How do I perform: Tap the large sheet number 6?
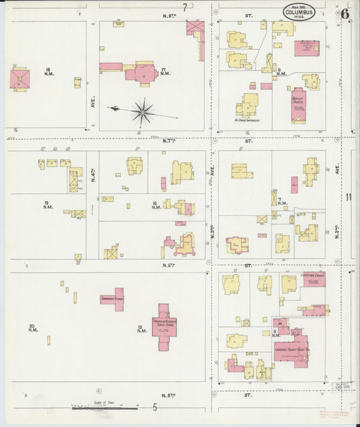coord(345,13)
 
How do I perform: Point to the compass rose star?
coord(143,111)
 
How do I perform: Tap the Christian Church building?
coord(313,278)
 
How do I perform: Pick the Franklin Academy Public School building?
coord(163,325)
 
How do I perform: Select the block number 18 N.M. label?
coord(48,72)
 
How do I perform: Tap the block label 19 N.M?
coord(46,205)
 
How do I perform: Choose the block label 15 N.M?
coord(140,329)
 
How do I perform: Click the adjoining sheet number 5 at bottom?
coord(155,407)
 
